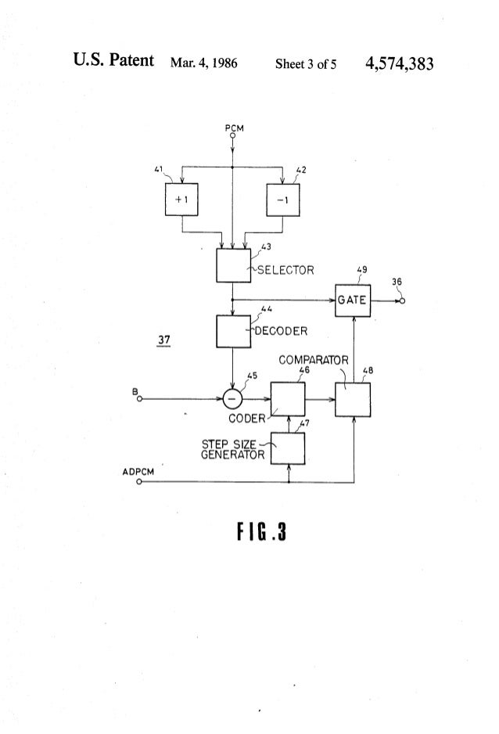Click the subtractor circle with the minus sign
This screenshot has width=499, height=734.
coord(232,399)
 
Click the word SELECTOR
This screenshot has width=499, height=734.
coord(285,271)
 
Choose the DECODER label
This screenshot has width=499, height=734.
coord(281,329)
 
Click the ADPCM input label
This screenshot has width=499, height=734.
coord(138,472)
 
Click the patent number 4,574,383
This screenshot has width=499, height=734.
coord(399,63)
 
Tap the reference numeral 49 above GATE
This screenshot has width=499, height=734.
coord(362,271)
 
